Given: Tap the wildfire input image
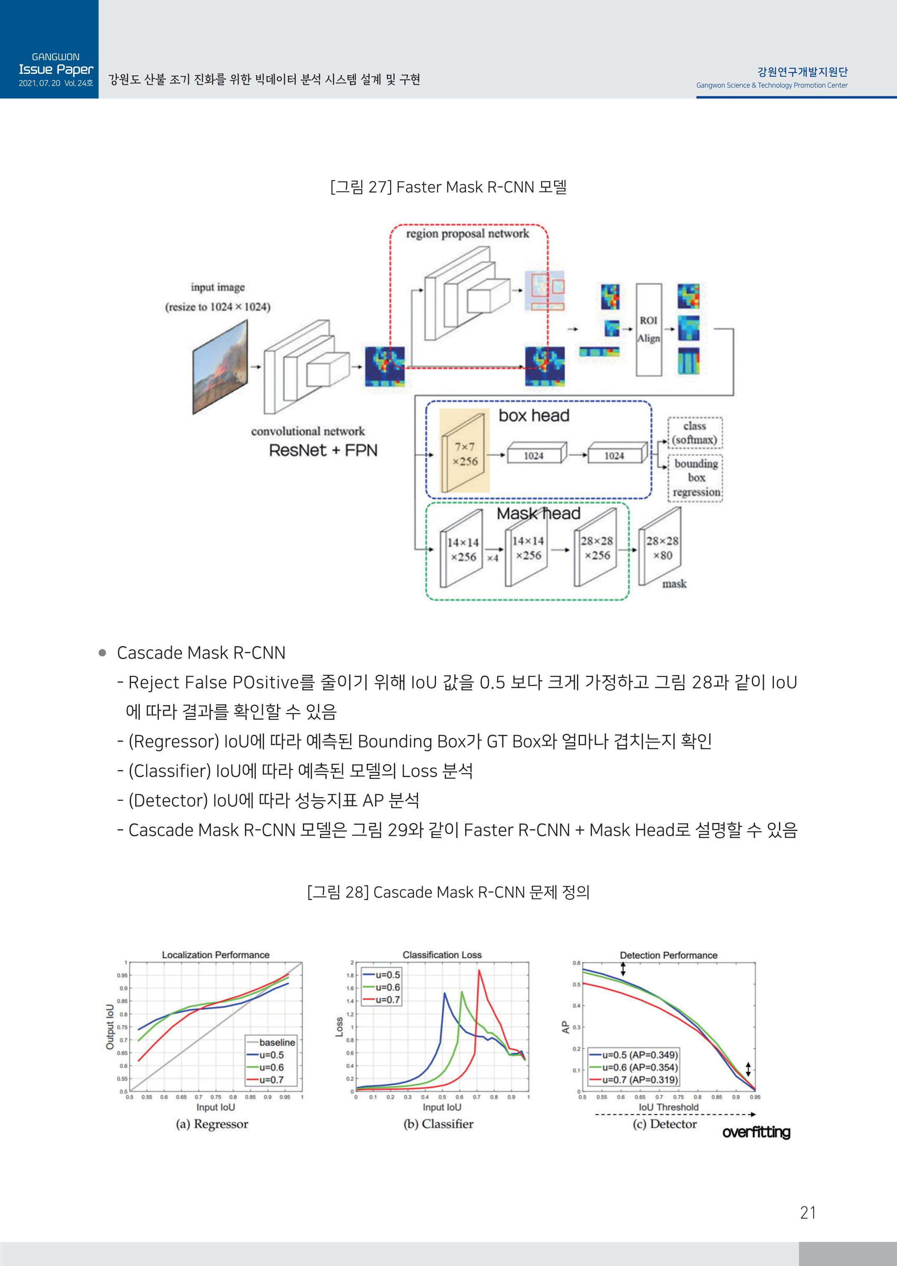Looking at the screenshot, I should click(220, 367).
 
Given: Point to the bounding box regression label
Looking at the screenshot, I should click(696, 478).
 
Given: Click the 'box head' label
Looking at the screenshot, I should click(534, 416).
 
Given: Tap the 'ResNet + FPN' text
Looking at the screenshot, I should click(323, 451).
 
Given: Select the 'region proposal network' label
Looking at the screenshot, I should click(467, 234).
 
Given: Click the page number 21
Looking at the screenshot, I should click(808, 1213).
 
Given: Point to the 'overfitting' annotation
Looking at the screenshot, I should click(756, 1133).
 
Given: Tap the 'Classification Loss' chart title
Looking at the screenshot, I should click(442, 954).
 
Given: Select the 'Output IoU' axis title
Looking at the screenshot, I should click(110, 1027).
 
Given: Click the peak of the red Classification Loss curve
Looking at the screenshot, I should click(479, 971).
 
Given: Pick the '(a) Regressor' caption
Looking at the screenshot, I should click(212, 1124).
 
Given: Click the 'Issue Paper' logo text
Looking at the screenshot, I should click(56, 70).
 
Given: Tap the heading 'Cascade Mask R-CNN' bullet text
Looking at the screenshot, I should click(201, 652).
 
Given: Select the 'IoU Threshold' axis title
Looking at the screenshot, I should click(668, 1107).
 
